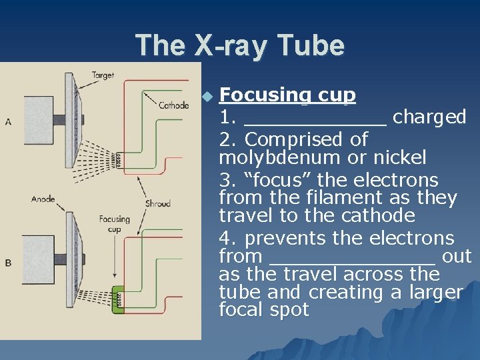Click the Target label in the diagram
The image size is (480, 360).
coord(103,76)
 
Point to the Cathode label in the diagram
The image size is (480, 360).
coord(173,105)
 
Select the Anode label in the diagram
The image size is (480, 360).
coord(43,198)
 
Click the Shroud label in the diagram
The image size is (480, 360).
coord(157,203)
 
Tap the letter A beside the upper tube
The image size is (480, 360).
coord(8,121)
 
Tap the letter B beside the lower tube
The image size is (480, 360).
coord(8,263)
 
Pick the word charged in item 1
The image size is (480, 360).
coord(429,117)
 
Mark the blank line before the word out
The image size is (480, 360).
coord(353,260)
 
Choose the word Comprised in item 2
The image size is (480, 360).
coord(293,140)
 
